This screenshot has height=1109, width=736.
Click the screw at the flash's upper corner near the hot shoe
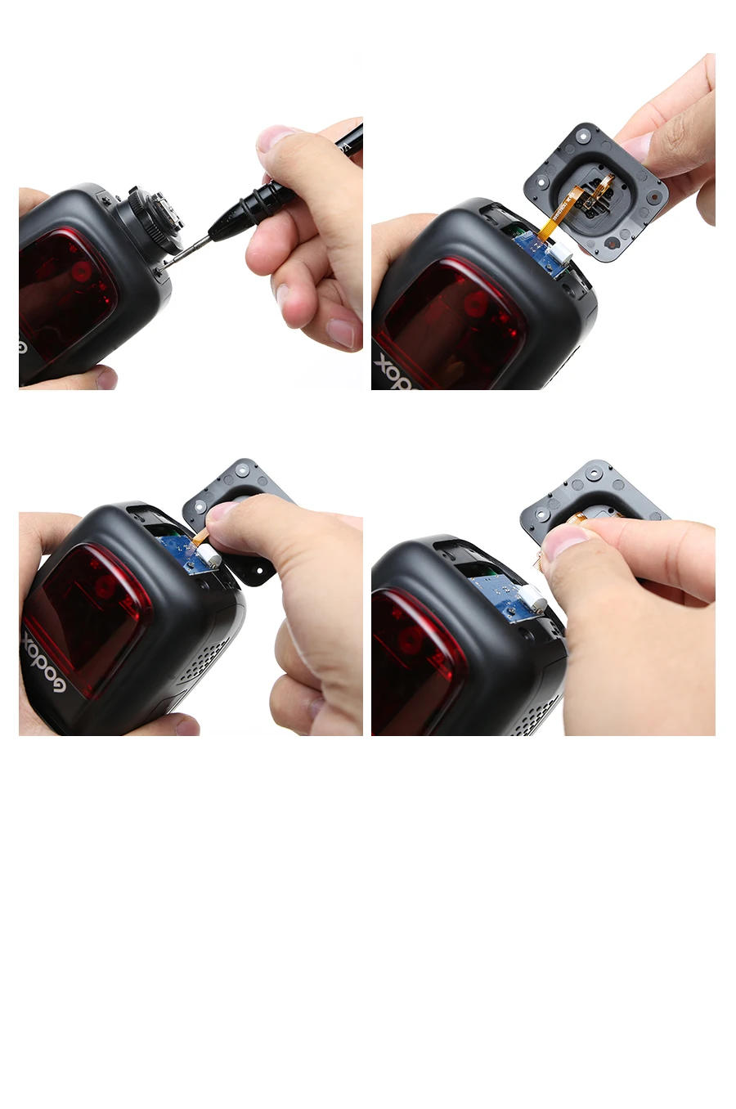point(105,199)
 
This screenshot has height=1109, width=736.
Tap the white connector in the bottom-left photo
point(209,556)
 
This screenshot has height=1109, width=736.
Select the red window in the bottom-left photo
point(90,609)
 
